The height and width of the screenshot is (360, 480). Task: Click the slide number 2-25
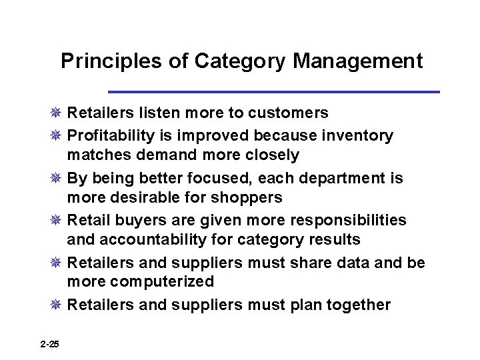pos(49,344)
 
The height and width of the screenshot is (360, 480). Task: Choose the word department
pos(345,179)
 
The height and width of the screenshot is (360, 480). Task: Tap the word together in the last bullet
pos(357,305)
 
